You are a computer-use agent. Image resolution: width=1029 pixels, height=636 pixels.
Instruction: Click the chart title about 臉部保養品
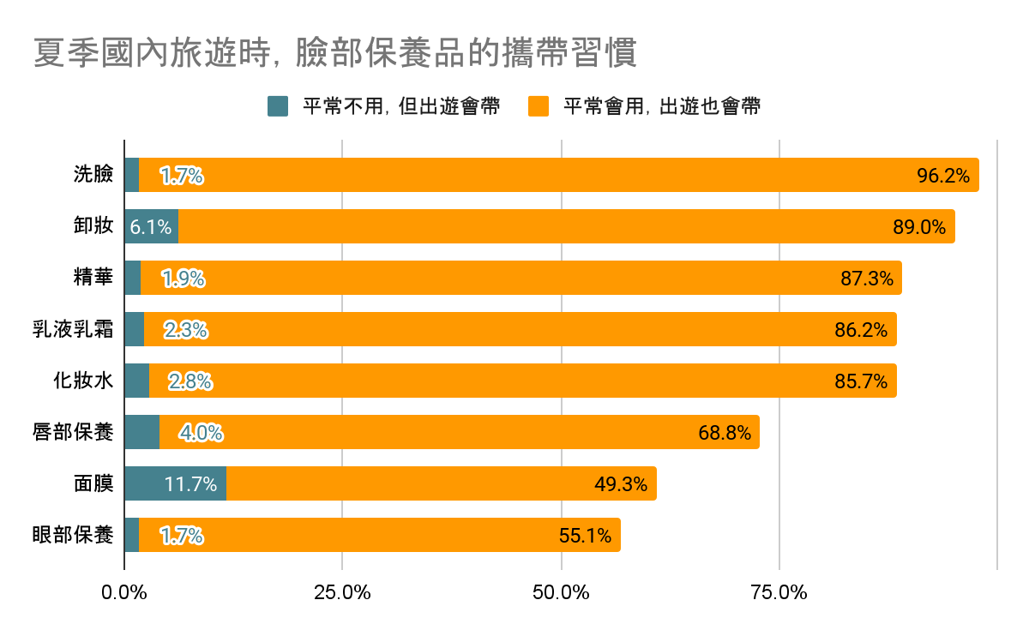[335, 53]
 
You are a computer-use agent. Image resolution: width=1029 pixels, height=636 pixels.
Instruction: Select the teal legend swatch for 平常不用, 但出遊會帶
[278, 106]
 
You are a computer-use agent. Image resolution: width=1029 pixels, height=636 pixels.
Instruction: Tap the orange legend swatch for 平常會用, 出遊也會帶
[539, 106]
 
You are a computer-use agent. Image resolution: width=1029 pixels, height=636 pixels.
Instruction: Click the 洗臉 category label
[93, 175]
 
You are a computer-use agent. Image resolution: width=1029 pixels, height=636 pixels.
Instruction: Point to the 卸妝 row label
[93, 226]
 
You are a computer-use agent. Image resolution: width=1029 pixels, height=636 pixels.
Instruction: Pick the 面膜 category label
[93, 483]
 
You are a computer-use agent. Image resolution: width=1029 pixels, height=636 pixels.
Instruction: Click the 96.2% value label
[943, 176]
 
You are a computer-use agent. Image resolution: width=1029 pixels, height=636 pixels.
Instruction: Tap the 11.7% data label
[190, 484]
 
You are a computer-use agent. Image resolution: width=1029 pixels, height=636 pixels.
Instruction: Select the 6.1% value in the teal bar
[150, 227]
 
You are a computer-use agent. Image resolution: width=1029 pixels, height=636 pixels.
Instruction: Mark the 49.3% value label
[620, 484]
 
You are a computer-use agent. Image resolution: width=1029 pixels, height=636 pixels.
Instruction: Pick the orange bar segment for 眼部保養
[377, 535]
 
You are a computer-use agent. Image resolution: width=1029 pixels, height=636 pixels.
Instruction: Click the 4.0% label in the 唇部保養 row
[201, 433]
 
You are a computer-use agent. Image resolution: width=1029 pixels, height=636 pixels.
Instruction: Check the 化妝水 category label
[82, 381]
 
